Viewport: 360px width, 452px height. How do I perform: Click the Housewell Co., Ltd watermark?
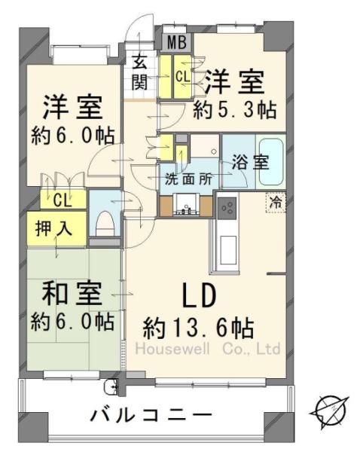[x=207, y=350]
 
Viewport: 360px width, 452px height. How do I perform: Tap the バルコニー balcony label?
[x=151, y=414]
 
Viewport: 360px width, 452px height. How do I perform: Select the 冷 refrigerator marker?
[x=277, y=202]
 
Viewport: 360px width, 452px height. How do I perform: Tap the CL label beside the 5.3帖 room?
[x=183, y=76]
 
